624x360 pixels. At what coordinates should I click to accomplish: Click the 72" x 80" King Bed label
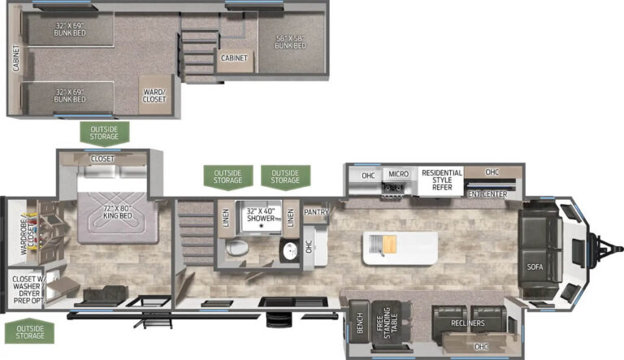click(117, 212)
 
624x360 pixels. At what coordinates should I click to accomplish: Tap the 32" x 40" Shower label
click(261, 215)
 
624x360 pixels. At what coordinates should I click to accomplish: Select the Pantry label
click(316, 212)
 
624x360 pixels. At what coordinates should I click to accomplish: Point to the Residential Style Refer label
click(442, 180)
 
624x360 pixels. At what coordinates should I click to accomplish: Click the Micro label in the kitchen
click(398, 174)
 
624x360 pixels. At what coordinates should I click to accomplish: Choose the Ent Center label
click(487, 194)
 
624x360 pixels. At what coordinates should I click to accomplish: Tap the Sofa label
click(535, 267)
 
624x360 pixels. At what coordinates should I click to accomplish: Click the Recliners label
click(468, 323)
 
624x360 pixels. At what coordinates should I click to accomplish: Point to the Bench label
click(359, 323)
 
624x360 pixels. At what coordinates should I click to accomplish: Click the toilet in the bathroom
click(237, 248)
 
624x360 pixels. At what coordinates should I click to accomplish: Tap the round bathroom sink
click(291, 251)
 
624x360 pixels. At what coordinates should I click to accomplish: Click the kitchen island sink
click(383, 245)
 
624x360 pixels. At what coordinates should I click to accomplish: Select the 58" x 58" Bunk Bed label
click(291, 42)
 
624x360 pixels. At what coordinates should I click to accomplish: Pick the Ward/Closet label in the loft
click(154, 96)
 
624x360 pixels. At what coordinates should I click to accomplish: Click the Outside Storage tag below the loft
click(104, 133)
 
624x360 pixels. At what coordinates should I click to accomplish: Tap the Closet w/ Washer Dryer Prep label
click(27, 290)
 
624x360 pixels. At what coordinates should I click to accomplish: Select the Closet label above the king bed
click(102, 159)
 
